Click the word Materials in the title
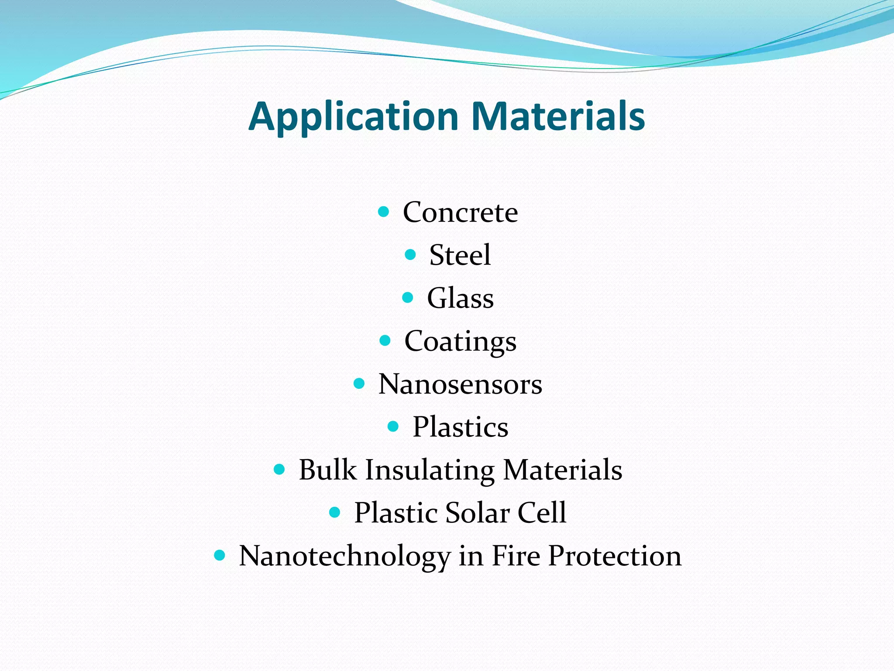(558, 116)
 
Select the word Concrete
(460, 212)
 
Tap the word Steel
(460, 255)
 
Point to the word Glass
(460, 298)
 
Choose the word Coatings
(460, 341)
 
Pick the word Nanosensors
(460, 384)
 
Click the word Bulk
(327, 470)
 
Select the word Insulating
(430, 470)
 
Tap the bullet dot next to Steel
(410, 255)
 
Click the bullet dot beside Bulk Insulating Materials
(279, 470)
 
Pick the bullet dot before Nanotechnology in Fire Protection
(220, 556)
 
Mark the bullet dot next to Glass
(407, 298)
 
